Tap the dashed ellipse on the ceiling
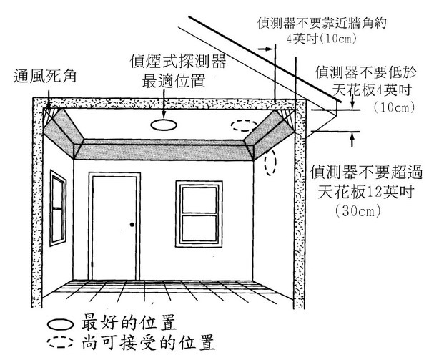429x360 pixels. [245, 126]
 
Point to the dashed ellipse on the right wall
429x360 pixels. [270, 163]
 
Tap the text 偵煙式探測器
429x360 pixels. [177, 62]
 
